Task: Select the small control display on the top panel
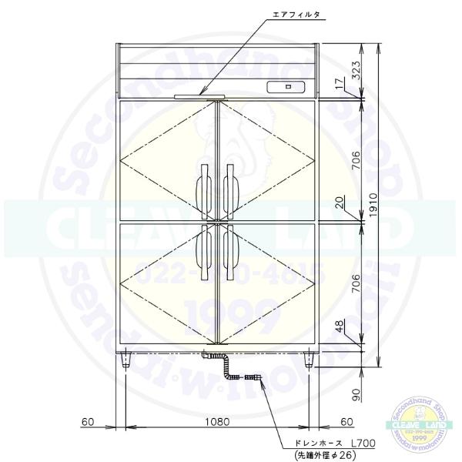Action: pos(286,87)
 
